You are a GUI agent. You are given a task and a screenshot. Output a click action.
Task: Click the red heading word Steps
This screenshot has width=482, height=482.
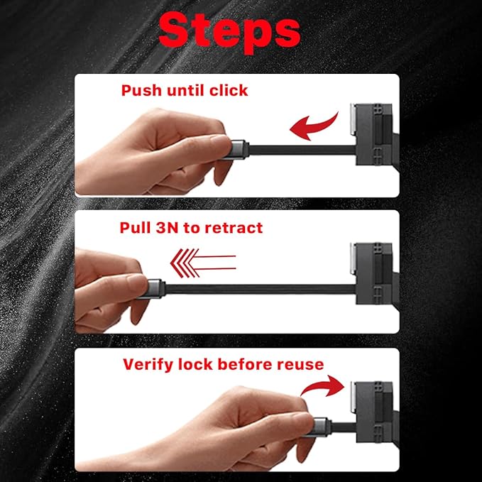229,33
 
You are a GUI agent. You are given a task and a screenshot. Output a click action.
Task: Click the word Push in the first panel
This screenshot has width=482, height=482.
141,90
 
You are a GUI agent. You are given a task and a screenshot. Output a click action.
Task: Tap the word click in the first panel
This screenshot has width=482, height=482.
229,90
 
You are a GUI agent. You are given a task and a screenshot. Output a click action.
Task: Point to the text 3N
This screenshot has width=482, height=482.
167,228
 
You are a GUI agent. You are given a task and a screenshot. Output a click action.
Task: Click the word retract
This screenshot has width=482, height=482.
234,228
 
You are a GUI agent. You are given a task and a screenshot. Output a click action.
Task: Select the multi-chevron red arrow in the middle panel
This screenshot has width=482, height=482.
203,263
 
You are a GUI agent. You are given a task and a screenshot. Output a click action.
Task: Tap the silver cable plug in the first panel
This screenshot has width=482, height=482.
240,150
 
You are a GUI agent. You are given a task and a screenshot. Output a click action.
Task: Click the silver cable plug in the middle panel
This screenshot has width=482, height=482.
155,289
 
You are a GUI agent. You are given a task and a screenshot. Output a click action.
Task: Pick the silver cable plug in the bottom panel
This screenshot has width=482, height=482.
322,427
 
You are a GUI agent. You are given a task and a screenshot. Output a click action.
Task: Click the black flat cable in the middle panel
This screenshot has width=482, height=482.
260,289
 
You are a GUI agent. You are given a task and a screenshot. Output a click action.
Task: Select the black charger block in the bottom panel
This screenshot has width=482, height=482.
375,412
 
